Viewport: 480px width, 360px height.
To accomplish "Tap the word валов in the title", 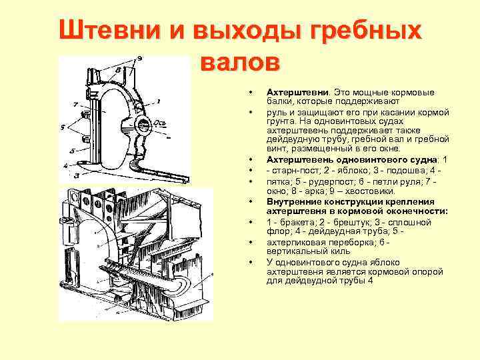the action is pyautogui.click(x=239, y=63).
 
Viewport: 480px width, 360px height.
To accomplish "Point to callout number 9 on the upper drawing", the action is pyautogui.click(x=139, y=58).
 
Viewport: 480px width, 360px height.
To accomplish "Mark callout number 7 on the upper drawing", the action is pyautogui.click(x=77, y=105).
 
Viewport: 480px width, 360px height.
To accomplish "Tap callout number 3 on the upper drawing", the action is pyautogui.click(x=77, y=175).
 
